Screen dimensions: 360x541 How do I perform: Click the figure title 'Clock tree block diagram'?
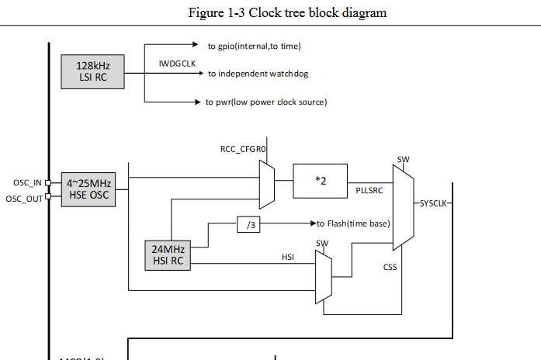coord(287,12)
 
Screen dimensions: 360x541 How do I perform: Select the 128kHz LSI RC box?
coord(92,71)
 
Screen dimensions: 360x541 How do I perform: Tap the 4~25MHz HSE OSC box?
coord(88,189)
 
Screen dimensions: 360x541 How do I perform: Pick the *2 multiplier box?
coord(320,181)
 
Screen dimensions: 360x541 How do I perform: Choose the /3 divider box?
coord(250,224)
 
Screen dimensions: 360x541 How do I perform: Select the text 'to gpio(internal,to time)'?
coord(254,47)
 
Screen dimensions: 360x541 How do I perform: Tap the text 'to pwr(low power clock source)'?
coord(265,102)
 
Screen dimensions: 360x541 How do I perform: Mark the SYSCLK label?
coord(432,204)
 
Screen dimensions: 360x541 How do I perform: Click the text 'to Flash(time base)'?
coord(352,224)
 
